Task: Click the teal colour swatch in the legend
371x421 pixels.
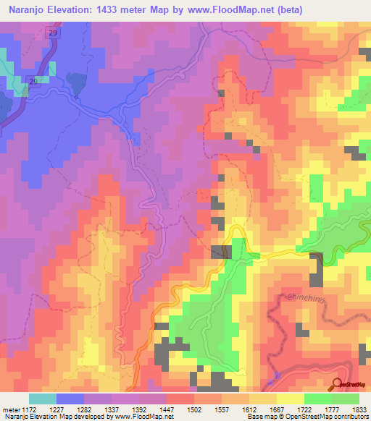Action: coord(42,399)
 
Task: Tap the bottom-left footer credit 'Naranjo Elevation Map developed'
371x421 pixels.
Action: coord(54,416)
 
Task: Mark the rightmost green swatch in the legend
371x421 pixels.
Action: coord(346,399)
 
